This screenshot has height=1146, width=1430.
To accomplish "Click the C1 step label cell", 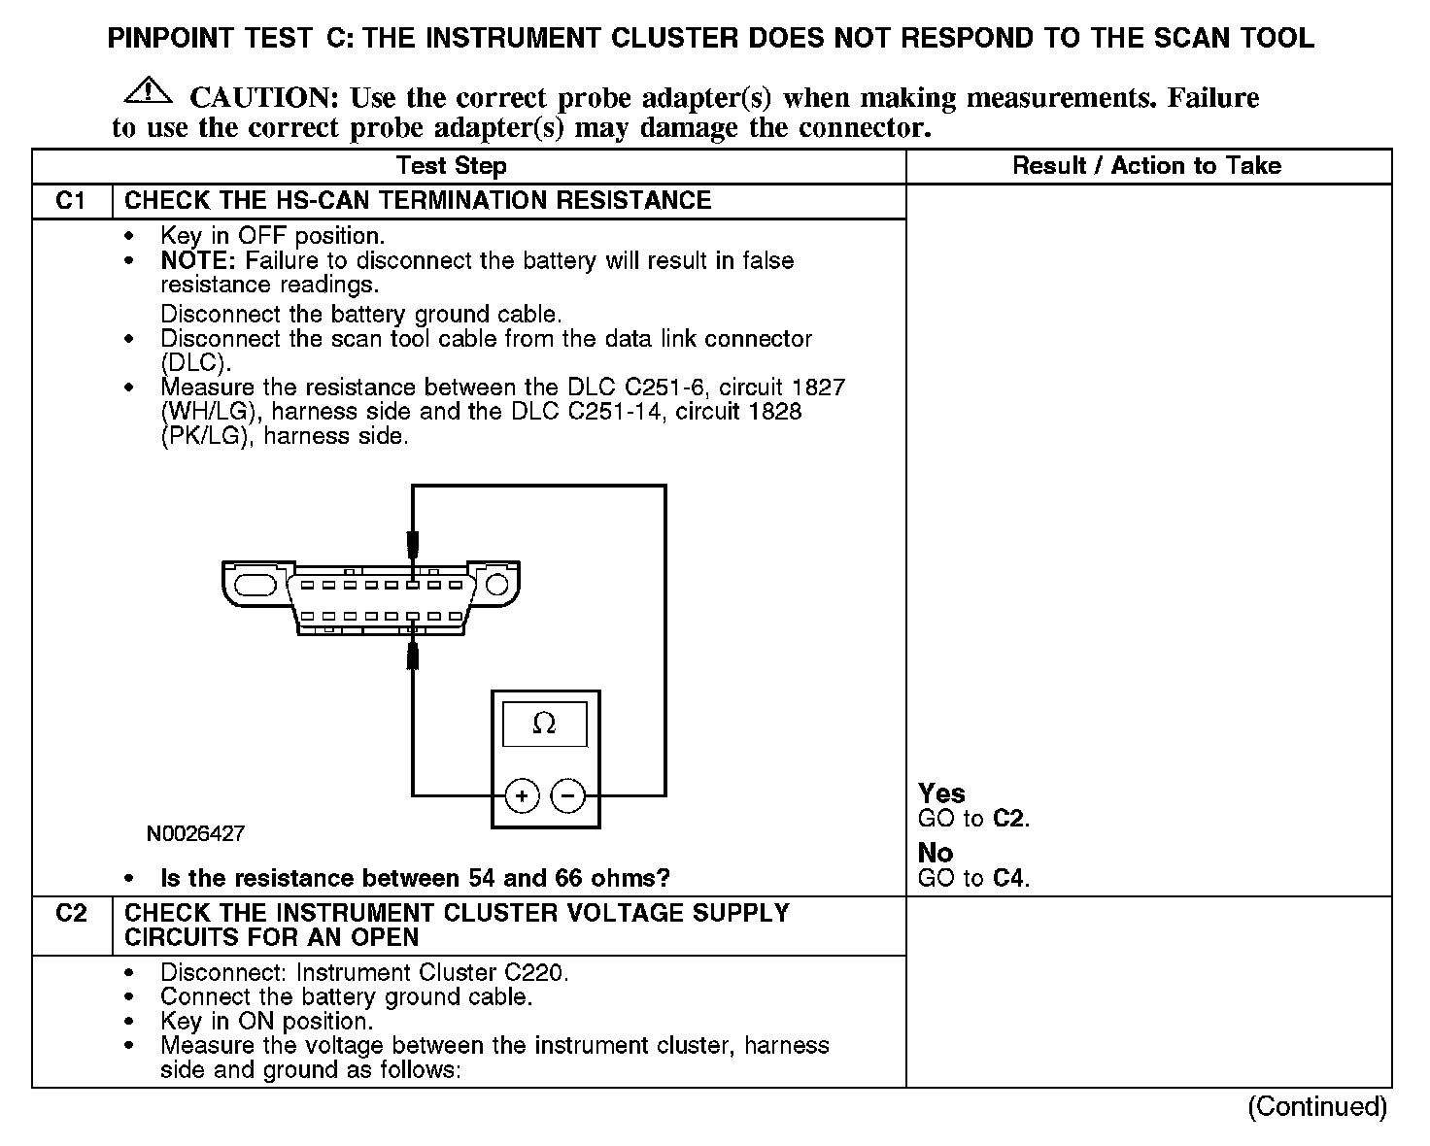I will [x=72, y=201].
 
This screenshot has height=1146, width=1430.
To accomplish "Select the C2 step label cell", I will [x=72, y=914].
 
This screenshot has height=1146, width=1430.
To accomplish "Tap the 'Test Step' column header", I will [x=452, y=166].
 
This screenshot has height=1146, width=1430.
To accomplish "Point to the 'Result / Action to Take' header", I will [x=1146, y=166].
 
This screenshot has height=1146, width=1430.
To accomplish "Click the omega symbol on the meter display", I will [x=544, y=725].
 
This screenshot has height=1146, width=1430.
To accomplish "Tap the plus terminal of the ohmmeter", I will [x=523, y=796].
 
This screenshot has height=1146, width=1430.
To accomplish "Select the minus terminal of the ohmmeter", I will [x=568, y=796].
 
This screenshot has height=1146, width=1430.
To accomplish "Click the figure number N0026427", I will [x=195, y=833].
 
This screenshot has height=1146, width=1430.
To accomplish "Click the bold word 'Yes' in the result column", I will [x=941, y=793].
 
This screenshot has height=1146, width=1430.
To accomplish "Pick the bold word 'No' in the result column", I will [x=936, y=853].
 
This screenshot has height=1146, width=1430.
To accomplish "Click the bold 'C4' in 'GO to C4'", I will [x=1009, y=879].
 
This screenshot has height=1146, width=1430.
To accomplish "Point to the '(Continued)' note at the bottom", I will [x=1317, y=1106].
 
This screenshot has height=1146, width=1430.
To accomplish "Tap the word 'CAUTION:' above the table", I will [x=263, y=98].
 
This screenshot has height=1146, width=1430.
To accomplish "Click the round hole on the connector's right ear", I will [x=497, y=584].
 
